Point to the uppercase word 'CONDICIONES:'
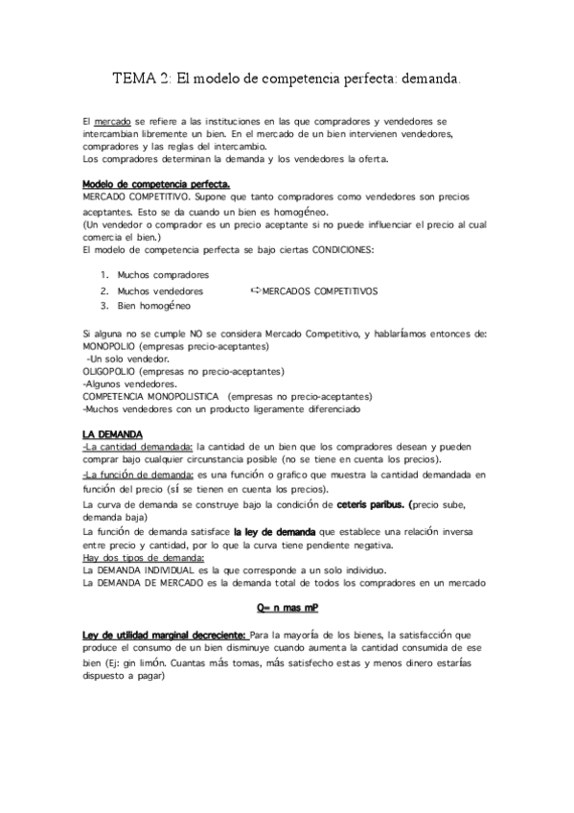pyautogui.click(x=343, y=250)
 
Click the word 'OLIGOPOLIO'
pyautogui.click(x=109, y=371)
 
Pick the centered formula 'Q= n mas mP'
pyautogui.click(x=287, y=607)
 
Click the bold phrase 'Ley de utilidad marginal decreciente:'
pyautogui.click(x=164, y=635)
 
